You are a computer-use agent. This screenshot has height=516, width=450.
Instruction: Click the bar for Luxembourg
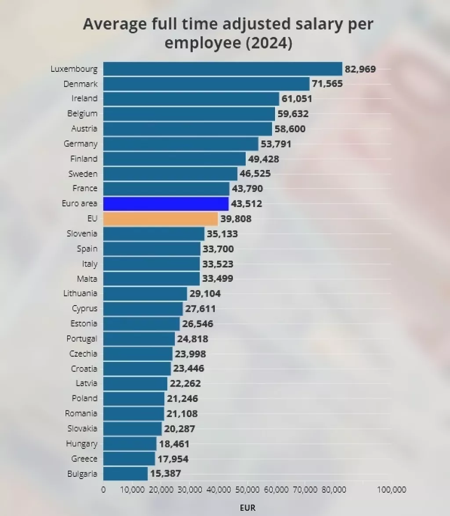(x=222, y=69)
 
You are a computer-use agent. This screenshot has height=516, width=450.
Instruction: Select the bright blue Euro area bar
(x=166, y=204)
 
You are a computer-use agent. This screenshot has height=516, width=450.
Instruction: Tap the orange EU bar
(x=160, y=219)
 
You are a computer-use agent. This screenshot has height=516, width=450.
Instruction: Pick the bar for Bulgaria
(x=125, y=474)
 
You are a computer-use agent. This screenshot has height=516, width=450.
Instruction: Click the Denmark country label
(x=80, y=84)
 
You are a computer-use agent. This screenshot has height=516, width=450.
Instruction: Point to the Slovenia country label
(x=82, y=233)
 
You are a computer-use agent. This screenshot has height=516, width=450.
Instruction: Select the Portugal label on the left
(x=82, y=339)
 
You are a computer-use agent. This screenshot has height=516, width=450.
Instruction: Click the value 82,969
(x=360, y=69)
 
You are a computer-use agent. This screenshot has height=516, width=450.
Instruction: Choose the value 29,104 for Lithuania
(x=205, y=294)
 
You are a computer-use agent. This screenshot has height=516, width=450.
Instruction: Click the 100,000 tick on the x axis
(x=392, y=490)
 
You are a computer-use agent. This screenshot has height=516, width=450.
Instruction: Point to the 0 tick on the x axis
(x=103, y=490)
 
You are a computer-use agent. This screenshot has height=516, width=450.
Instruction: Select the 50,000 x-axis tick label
(x=247, y=490)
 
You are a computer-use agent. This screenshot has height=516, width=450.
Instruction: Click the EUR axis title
(x=247, y=508)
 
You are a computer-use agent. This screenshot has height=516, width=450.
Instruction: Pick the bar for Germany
(x=181, y=144)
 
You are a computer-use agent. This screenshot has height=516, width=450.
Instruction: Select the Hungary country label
(x=82, y=444)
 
